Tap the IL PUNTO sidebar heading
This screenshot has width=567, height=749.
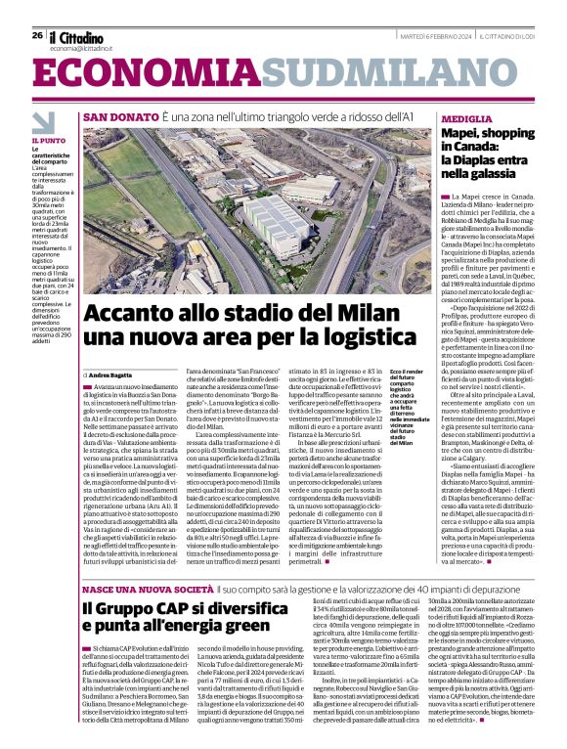pyautogui.click(x=44, y=142)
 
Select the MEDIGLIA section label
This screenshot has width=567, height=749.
pyautogui.click(x=467, y=117)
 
